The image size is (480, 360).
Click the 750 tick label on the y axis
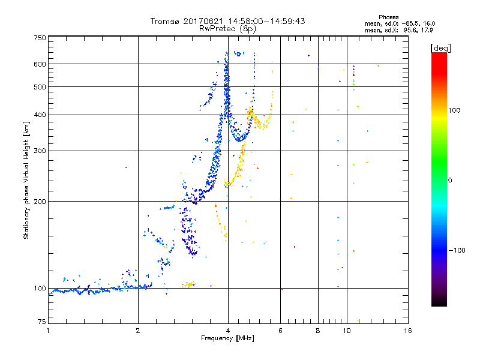pos(40,38)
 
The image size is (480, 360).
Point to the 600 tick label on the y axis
pos(40,64)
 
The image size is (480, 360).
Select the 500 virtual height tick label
pos(40,87)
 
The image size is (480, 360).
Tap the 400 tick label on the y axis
pos(40,115)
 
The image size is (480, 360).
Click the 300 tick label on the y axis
pos(40,151)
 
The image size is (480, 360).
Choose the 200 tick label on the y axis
pos(40,202)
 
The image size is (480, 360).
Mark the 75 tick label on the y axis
pos(41,322)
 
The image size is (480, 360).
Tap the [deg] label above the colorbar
pos(441,47)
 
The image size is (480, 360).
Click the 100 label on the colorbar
pos(458,110)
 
